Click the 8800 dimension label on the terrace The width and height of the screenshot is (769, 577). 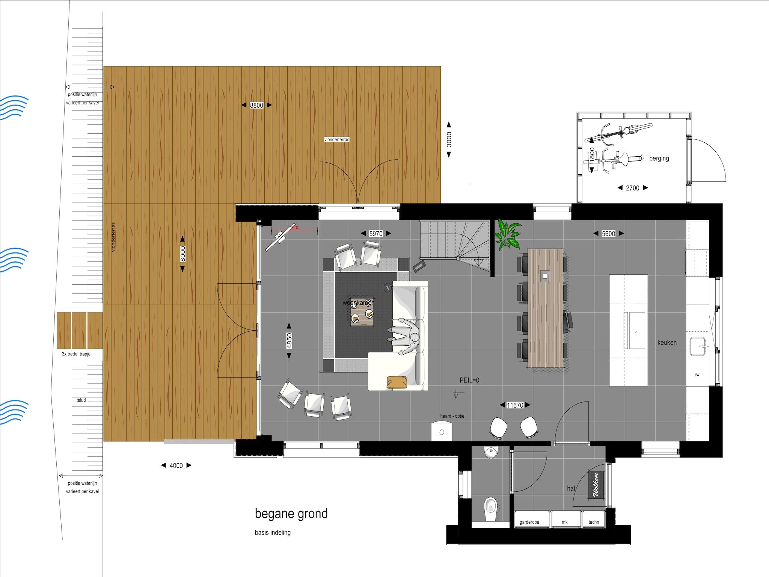[256, 106]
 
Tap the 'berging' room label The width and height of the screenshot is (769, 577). [659, 159]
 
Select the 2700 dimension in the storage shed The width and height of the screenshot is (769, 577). [632, 188]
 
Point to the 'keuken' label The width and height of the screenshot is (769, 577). [667, 343]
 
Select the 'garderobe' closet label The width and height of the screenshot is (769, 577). [529, 522]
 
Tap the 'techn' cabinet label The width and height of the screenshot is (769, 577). [594, 522]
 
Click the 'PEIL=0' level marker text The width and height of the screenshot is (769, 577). [469, 381]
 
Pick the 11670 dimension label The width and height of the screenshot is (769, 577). [515, 405]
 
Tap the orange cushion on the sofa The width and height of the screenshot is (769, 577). [397, 382]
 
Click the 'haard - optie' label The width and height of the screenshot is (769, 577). [452, 416]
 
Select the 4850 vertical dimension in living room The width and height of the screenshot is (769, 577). [289, 341]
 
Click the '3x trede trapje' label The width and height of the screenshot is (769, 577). [76, 354]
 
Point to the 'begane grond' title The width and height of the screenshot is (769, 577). [291, 514]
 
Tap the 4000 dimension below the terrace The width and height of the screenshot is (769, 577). [176, 466]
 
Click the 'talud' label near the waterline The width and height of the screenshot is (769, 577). [81, 400]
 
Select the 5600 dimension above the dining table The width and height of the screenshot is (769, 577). [608, 234]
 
